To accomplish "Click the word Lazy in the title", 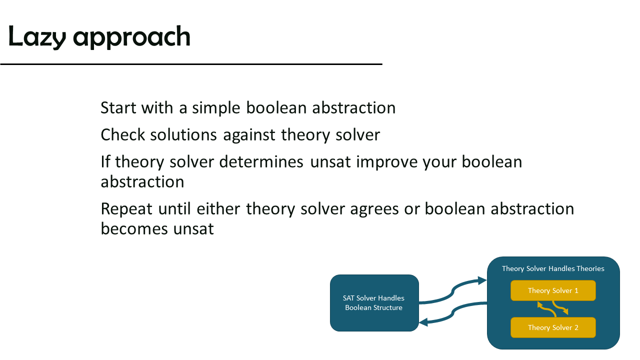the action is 37,37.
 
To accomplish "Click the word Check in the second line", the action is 123,135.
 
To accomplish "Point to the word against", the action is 249,135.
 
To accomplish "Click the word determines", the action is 261,161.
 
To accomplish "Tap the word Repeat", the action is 126,209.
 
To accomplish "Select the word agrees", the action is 374,209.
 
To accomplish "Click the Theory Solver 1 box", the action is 553,290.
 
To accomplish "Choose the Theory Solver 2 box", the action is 553,327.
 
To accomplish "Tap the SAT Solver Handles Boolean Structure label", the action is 373,303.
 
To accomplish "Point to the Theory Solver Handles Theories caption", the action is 553,268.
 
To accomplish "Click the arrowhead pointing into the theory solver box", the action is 482,280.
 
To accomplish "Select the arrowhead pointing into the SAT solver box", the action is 423,322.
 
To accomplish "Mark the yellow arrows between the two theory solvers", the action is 553,309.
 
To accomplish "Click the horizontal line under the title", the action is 191,64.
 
